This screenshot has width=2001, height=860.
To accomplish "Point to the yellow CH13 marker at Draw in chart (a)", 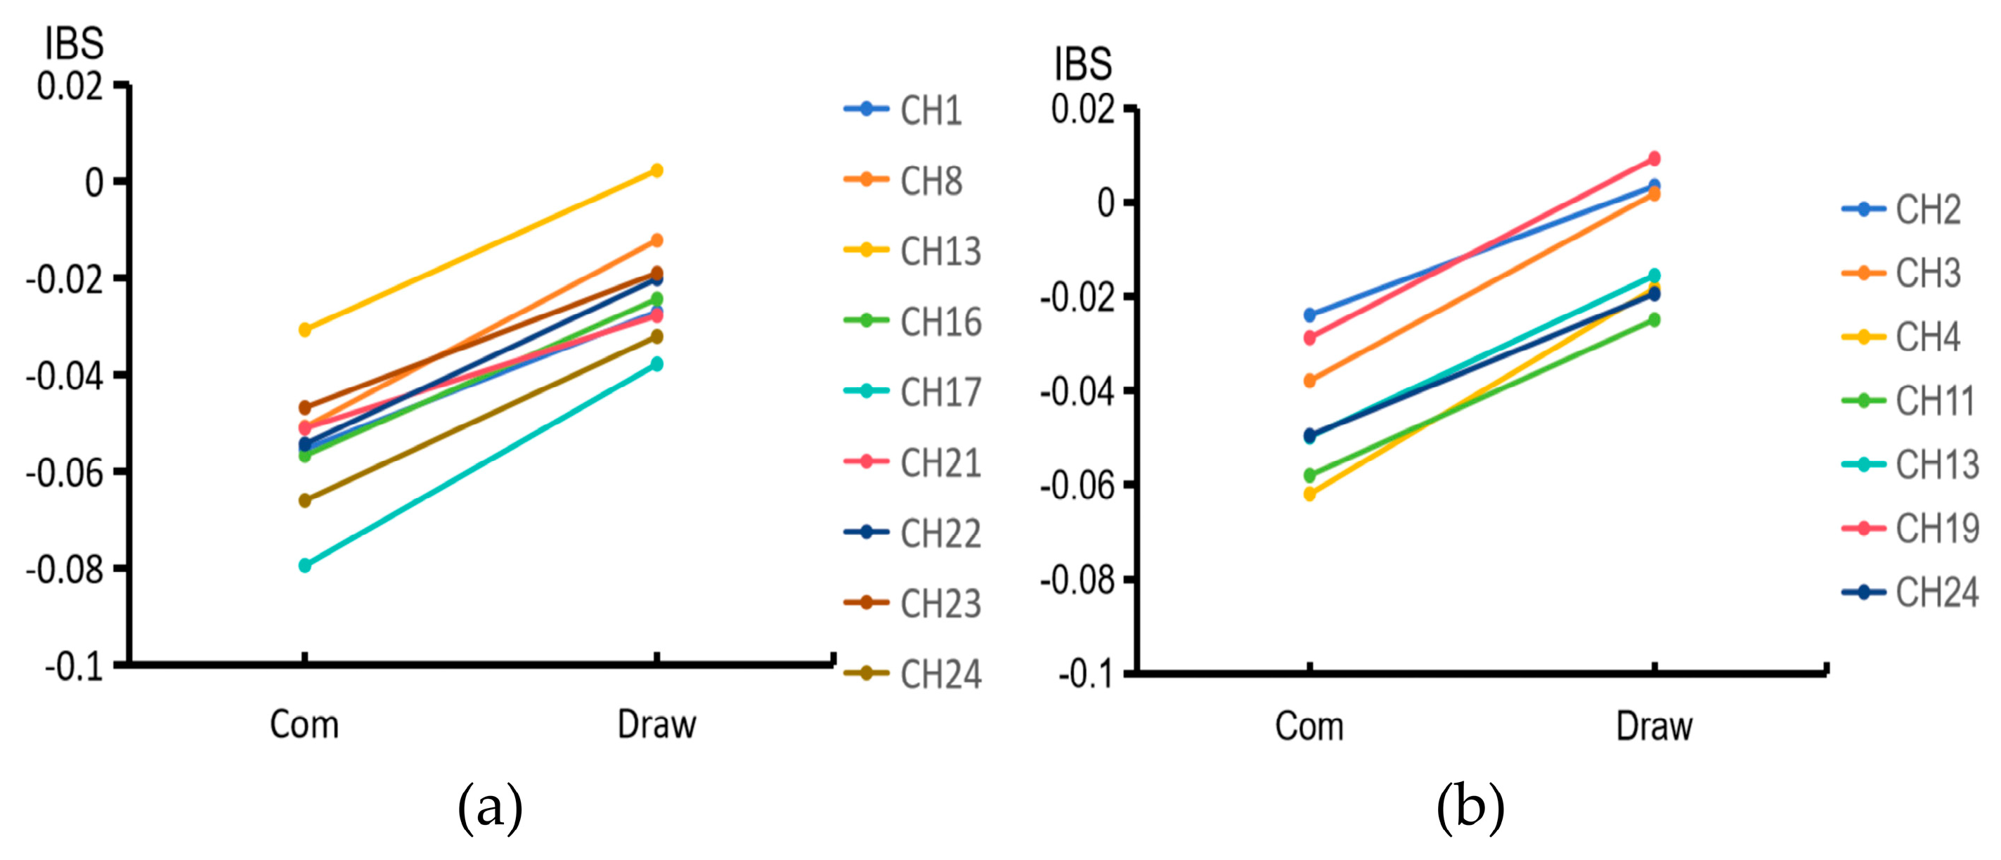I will pyautogui.click(x=656, y=170).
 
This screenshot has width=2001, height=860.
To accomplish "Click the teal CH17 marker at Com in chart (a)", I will pyautogui.click(x=304, y=565).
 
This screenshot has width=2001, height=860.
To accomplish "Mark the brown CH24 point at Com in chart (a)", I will pyautogui.click(x=304, y=500).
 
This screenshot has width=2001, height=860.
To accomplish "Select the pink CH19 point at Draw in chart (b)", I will pyautogui.click(x=1654, y=159).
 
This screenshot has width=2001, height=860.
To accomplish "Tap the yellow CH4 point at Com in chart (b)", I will pyautogui.click(x=1309, y=493).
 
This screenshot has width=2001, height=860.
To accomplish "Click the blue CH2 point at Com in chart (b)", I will pyautogui.click(x=1309, y=315).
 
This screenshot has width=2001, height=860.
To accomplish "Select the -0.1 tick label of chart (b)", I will pyautogui.click(x=1085, y=675).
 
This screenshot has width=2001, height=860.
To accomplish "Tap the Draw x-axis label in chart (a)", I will pyautogui.click(x=656, y=725).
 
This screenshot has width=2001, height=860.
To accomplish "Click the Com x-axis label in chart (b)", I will pyautogui.click(x=1309, y=727).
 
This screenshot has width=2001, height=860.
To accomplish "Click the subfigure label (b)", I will pyautogui.click(x=1470, y=808).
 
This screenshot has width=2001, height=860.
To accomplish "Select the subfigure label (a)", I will pyautogui.click(x=489, y=808).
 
